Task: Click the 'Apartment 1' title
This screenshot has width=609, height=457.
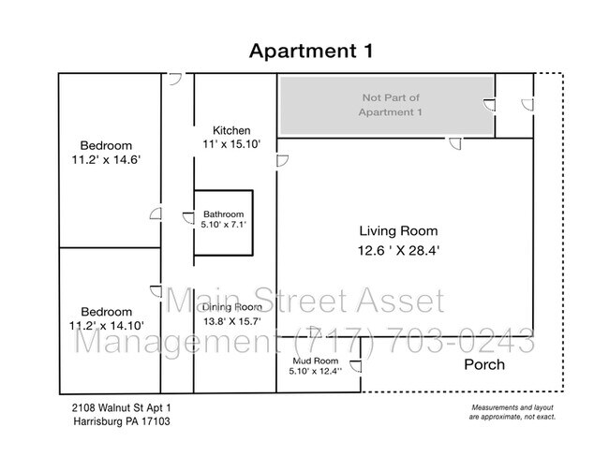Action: pyautogui.click(x=311, y=51)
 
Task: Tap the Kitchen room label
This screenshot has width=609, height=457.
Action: pyautogui.click(x=231, y=130)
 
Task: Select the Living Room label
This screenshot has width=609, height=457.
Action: pyautogui.click(x=398, y=231)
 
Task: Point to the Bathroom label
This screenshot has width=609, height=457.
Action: pyautogui.click(x=224, y=214)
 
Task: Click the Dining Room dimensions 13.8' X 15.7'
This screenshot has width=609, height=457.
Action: pyautogui.click(x=231, y=321)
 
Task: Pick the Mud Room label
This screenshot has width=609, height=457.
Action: pyautogui.click(x=316, y=361)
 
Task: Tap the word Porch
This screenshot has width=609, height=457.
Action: pyautogui.click(x=484, y=364)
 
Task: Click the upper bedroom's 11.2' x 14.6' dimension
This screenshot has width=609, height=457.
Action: pyautogui.click(x=106, y=159)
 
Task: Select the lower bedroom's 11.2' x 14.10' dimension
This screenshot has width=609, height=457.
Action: pyautogui.click(x=107, y=325)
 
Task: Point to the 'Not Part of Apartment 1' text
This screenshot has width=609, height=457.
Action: pyautogui.click(x=391, y=105)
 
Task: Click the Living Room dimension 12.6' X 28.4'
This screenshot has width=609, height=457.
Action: pyautogui.click(x=398, y=250)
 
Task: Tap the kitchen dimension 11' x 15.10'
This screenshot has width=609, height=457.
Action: pyautogui.click(x=231, y=144)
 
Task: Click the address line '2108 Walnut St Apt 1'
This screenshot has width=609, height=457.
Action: pyautogui.click(x=121, y=408)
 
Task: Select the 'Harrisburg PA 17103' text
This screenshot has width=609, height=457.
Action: pyautogui.click(x=122, y=421)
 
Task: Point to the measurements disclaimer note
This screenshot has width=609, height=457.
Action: pyautogui.click(x=512, y=412)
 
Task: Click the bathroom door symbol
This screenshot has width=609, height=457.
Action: pyautogui.click(x=188, y=218)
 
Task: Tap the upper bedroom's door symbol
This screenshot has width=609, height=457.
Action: pyautogui.click(x=156, y=214)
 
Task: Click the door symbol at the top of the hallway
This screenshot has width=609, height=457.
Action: pyautogui.click(x=175, y=79)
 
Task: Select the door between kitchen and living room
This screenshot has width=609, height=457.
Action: pyautogui.click(x=282, y=161)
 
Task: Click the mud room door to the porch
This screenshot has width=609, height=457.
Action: pyautogui.click(x=355, y=366)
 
